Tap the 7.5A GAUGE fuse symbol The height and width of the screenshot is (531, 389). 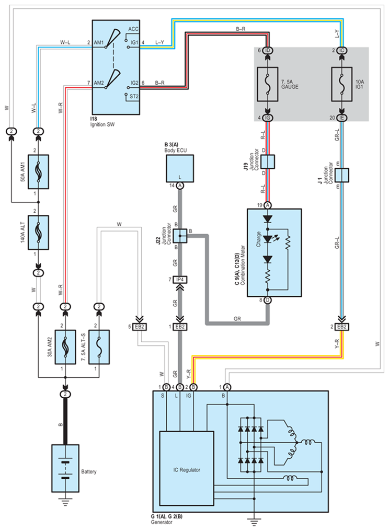(x=268, y=84)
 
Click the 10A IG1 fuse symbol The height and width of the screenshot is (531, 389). (x=341, y=84)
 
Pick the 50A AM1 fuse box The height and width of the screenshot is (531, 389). (x=38, y=172)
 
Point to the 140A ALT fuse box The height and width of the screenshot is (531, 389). (x=38, y=233)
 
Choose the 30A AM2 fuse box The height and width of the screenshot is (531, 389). (x=65, y=347)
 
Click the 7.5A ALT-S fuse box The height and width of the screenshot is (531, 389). (x=99, y=347)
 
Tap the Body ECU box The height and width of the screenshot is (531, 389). (x=180, y=168)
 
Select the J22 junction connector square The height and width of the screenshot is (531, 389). (x=180, y=236)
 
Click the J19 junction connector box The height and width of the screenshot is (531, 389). (x=268, y=161)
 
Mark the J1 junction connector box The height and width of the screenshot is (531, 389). (x=341, y=175)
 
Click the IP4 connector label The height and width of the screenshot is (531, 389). (x=180, y=280)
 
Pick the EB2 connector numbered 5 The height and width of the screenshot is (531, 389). (x=139, y=327)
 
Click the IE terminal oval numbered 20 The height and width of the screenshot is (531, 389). (x=341, y=118)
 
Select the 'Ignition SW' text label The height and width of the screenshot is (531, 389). (x=102, y=124)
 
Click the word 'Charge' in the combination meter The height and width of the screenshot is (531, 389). (x=259, y=239)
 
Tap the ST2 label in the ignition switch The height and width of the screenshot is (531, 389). (x=134, y=97)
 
